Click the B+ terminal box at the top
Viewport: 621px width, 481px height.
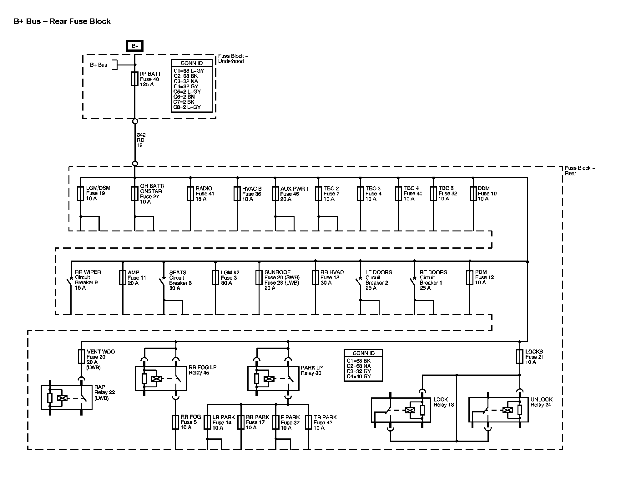[x=135, y=46]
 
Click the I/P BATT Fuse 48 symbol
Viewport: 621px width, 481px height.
[x=135, y=79]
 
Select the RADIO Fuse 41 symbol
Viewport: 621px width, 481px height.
[x=190, y=194]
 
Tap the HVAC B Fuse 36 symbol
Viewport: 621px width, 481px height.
[x=237, y=194]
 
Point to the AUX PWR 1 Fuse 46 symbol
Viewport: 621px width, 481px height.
[x=275, y=194]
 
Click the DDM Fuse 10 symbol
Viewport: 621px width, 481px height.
[x=473, y=194]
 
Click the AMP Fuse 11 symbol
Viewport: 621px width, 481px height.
[x=123, y=277]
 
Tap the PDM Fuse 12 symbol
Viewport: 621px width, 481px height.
[x=470, y=277]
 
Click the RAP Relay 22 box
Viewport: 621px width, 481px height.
[x=67, y=398]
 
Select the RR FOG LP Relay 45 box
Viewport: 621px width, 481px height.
[x=161, y=378]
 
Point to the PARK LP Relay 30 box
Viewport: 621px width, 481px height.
[x=273, y=379]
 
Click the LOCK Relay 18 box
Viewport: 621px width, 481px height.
[x=401, y=410]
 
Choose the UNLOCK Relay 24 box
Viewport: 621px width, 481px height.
[x=498, y=410]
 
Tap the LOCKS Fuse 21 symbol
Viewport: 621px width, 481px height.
[x=520, y=357]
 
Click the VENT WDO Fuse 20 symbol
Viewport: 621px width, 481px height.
[x=81, y=357]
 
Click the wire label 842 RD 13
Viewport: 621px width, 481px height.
[x=141, y=140]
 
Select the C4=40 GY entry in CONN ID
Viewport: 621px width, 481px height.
[x=359, y=376]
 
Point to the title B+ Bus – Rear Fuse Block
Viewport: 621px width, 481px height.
[x=62, y=22]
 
